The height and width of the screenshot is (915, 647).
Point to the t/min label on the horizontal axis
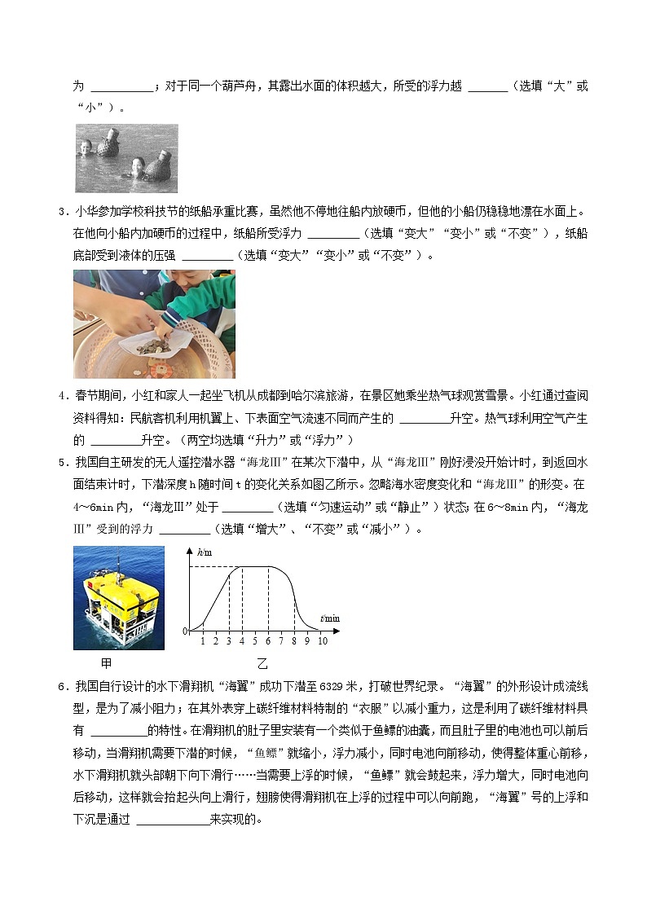(x=330, y=618)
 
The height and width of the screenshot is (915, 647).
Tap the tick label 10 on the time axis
(x=323, y=641)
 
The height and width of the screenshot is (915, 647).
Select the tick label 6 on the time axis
(x=267, y=641)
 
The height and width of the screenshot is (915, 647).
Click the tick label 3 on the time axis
(x=228, y=641)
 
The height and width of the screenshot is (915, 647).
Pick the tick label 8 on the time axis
(x=293, y=641)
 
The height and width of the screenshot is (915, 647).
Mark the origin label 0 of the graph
(x=185, y=631)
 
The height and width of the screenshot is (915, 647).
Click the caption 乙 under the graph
(x=262, y=663)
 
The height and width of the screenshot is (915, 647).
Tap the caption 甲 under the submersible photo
(x=106, y=663)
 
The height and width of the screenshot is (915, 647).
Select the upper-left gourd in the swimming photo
(x=106, y=145)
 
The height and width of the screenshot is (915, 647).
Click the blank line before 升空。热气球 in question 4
(x=425, y=418)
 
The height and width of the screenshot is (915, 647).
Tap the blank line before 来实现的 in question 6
(x=172, y=820)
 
